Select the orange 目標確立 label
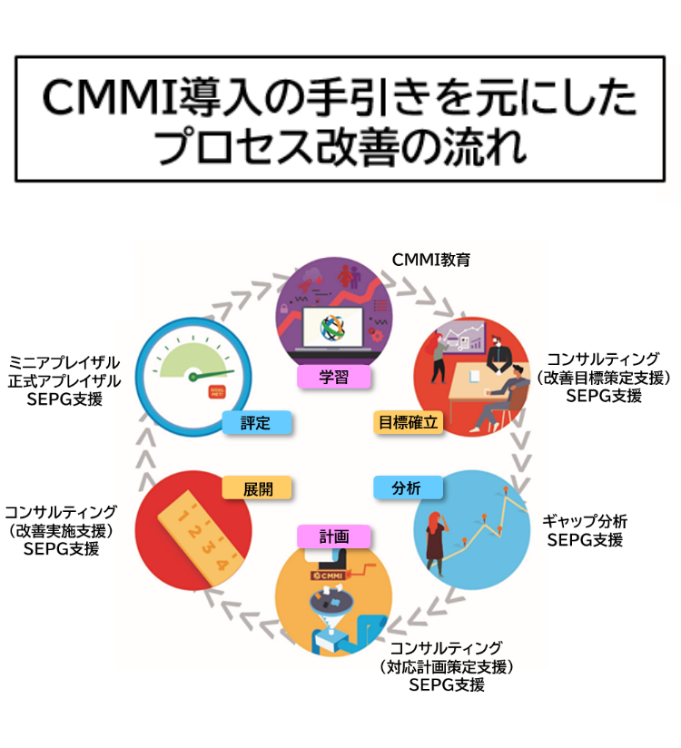[x=409, y=421]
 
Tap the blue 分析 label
[x=408, y=487]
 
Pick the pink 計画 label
[x=334, y=536]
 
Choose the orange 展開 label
[x=257, y=487]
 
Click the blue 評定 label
[x=257, y=422]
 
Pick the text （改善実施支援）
[x=61, y=529]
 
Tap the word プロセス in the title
[x=209, y=148]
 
